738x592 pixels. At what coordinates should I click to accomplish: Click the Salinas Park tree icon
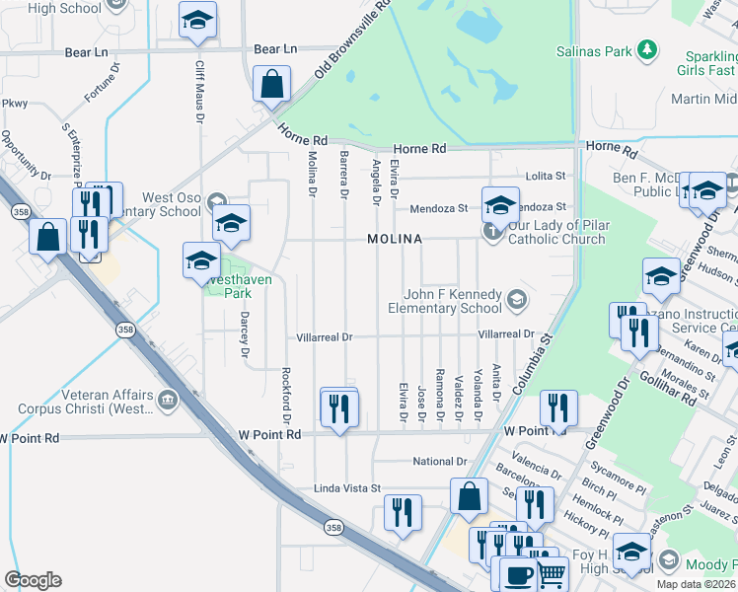click(647, 48)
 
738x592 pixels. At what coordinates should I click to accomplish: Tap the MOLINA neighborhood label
click(395, 240)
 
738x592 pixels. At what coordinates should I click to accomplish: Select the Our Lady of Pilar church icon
click(492, 231)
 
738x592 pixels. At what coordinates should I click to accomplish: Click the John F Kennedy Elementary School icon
click(515, 298)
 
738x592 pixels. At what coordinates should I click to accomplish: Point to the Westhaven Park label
click(238, 286)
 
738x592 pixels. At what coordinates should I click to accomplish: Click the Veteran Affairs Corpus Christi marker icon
click(167, 402)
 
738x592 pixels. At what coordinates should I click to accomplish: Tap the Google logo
click(33, 580)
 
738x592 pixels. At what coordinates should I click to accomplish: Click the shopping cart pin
click(552, 572)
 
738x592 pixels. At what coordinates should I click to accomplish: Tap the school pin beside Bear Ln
click(198, 20)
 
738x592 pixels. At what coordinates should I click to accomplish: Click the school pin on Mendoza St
click(500, 204)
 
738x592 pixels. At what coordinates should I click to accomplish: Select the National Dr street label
click(439, 462)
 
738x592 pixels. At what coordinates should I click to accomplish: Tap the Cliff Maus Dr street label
click(200, 91)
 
